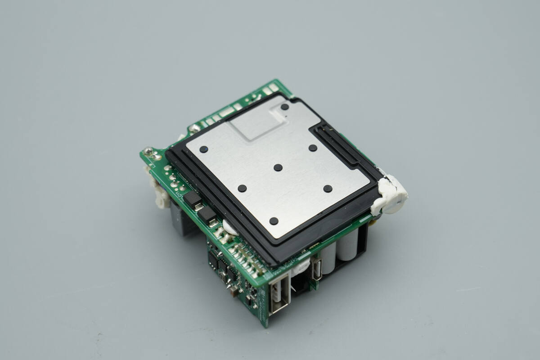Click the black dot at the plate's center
[278, 167]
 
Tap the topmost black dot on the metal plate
[284, 107]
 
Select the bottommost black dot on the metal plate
[274, 221]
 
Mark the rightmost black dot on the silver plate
[328, 189]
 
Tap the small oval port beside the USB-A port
[317, 269]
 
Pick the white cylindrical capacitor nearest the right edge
[348, 243]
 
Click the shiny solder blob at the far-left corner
[148, 151]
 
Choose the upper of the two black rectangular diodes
[192, 199]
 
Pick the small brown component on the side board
[234, 291]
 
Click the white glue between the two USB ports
[299, 270]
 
